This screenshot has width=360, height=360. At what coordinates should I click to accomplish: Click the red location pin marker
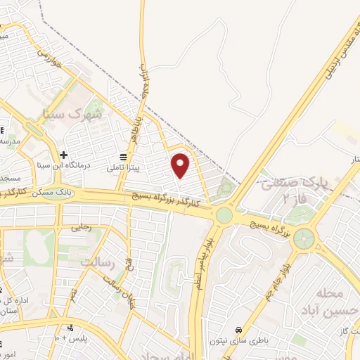181,165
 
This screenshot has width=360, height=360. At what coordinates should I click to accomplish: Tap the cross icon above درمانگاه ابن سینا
63,155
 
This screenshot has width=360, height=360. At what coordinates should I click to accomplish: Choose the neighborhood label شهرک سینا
77,112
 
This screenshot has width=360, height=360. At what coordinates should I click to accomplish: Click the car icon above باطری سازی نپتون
239,328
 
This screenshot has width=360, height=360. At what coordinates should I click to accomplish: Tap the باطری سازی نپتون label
239,339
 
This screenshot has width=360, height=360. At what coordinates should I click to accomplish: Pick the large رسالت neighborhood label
97,262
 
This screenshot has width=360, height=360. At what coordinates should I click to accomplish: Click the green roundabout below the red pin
224,214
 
